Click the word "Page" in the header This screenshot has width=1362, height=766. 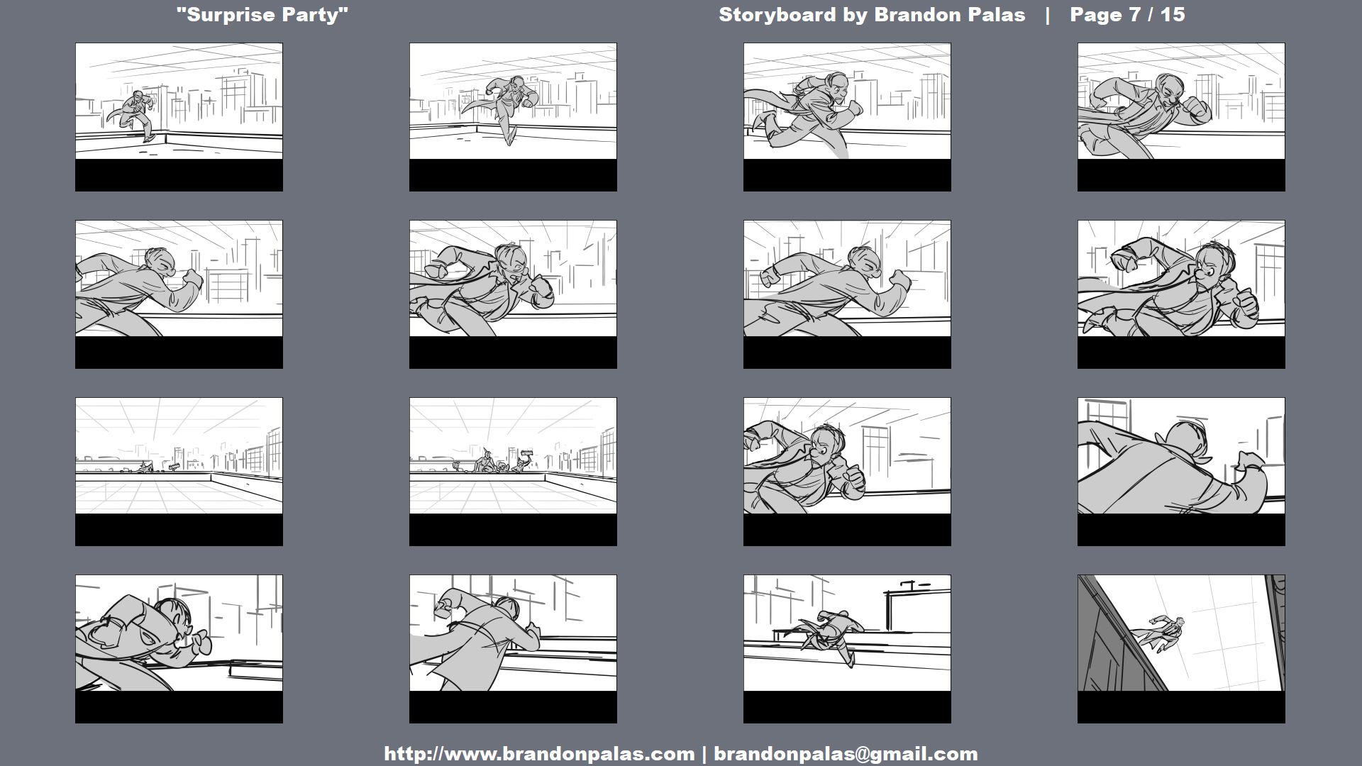[1097, 16]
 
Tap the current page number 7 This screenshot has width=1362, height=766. [1136, 15]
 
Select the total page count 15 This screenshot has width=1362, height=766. [1173, 15]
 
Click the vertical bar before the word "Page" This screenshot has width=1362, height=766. [1048, 16]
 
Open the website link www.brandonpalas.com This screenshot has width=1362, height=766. [539, 754]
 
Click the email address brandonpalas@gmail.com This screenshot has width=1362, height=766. [846, 754]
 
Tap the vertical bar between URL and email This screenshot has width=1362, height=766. [704, 754]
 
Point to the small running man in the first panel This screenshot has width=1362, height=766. [138, 115]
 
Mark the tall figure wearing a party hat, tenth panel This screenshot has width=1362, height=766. [486, 460]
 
